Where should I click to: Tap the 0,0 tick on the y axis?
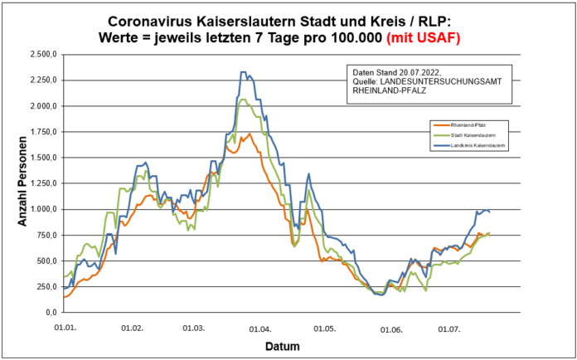coord(51,312)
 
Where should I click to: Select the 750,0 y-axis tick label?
coord(46,235)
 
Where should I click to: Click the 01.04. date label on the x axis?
coord(260,328)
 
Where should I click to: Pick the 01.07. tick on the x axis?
coord(449,328)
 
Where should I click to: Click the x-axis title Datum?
coord(283,346)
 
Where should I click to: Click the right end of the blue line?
coord(490,212)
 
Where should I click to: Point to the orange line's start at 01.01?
coord(63,296)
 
